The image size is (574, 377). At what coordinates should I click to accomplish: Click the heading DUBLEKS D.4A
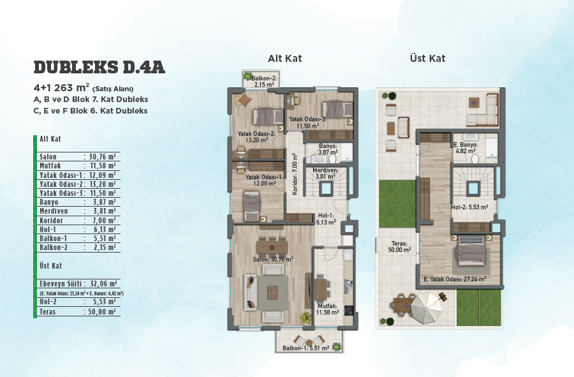pos(99,68)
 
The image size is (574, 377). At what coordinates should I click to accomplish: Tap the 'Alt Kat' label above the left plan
pos(285,58)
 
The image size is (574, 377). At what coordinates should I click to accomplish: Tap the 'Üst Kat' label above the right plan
pos(427,58)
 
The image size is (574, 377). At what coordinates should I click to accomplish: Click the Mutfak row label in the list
pos(50,166)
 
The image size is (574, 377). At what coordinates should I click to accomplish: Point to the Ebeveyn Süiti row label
pos(61,284)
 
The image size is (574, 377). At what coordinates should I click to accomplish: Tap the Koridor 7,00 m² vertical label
pos(295,174)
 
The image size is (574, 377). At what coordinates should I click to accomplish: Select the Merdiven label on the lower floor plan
pos(325,170)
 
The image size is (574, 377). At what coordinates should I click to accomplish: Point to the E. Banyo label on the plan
pos(465,145)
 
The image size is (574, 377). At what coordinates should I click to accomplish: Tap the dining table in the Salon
pos(272,247)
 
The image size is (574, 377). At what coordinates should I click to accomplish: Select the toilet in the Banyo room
pos(333,158)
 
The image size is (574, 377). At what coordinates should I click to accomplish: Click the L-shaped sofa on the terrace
pos(483,110)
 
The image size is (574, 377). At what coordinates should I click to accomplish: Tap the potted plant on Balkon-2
pos(248,77)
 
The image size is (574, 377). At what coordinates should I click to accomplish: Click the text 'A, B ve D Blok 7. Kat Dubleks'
pos(91,99)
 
